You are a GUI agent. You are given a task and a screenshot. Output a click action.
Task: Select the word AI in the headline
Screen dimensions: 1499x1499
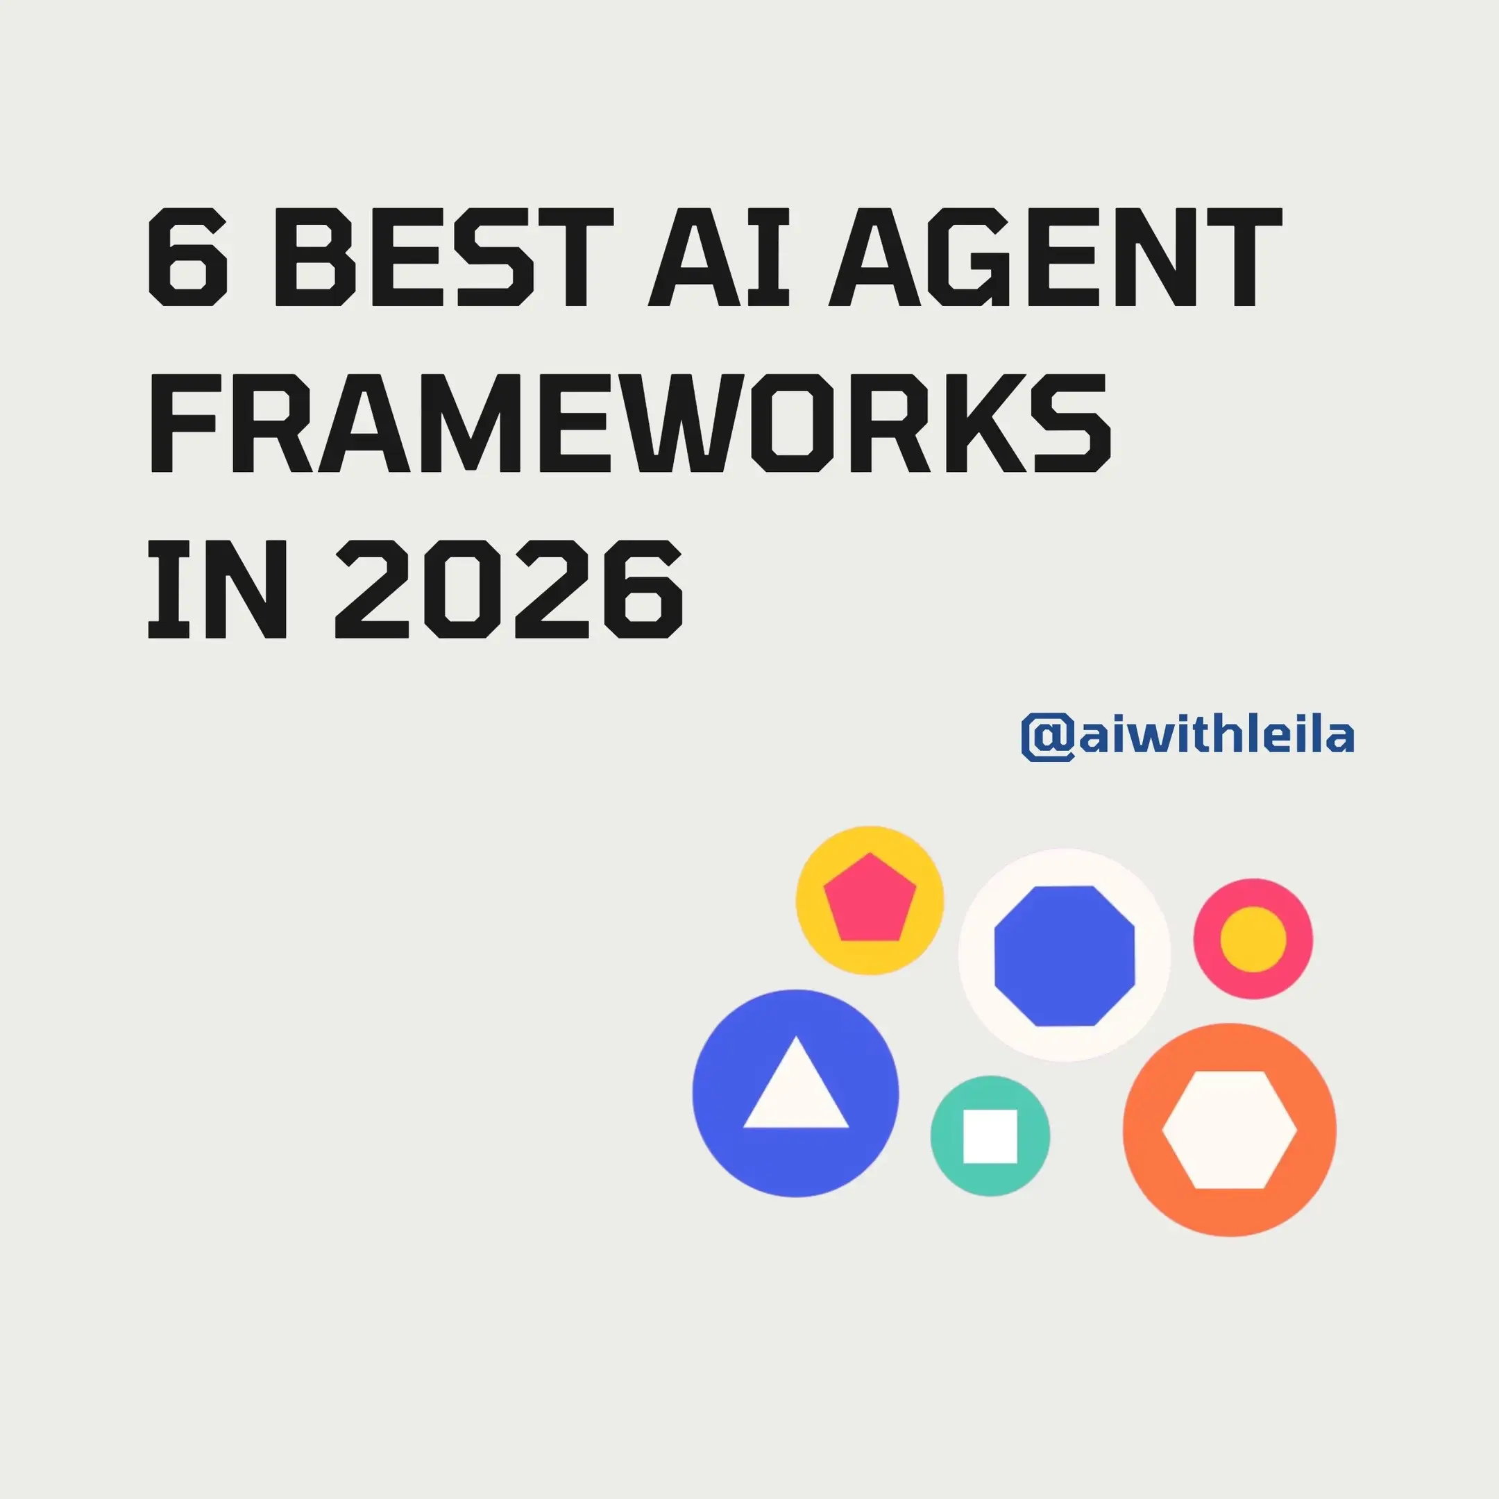pyautogui.click(x=718, y=257)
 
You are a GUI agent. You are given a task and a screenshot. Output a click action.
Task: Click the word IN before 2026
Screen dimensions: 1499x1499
pyautogui.click(x=218, y=589)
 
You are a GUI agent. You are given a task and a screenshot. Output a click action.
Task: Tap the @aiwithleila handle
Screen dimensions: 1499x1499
pyautogui.click(x=1187, y=735)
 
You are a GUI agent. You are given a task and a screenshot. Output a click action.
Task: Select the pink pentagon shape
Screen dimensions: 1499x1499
pyautogui.click(x=870, y=899)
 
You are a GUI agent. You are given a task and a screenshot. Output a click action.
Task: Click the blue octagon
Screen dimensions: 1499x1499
pyautogui.click(x=1065, y=956)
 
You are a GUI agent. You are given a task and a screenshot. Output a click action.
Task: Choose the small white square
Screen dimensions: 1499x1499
pyautogui.click(x=990, y=1136)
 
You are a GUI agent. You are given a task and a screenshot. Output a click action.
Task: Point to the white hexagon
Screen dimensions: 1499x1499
pyautogui.click(x=1229, y=1130)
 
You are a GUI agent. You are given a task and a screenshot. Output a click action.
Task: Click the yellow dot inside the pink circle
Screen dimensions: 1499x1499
pyautogui.click(x=1253, y=939)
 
